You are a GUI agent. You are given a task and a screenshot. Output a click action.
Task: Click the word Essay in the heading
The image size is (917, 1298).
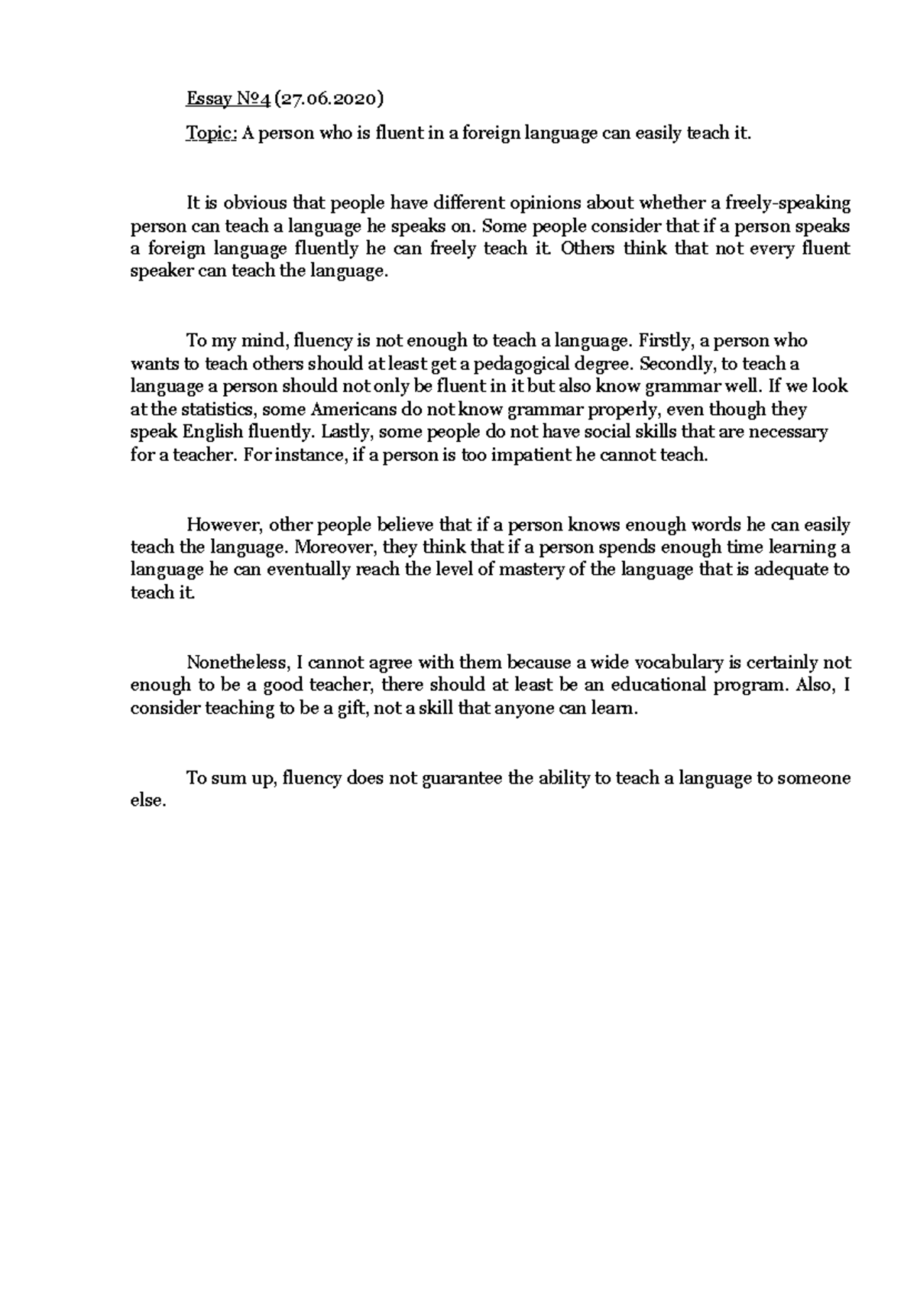pos(206,99)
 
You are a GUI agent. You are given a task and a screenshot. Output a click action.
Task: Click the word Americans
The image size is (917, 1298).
pos(344,410)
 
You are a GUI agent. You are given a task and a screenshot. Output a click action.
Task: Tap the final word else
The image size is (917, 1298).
pos(147,801)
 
